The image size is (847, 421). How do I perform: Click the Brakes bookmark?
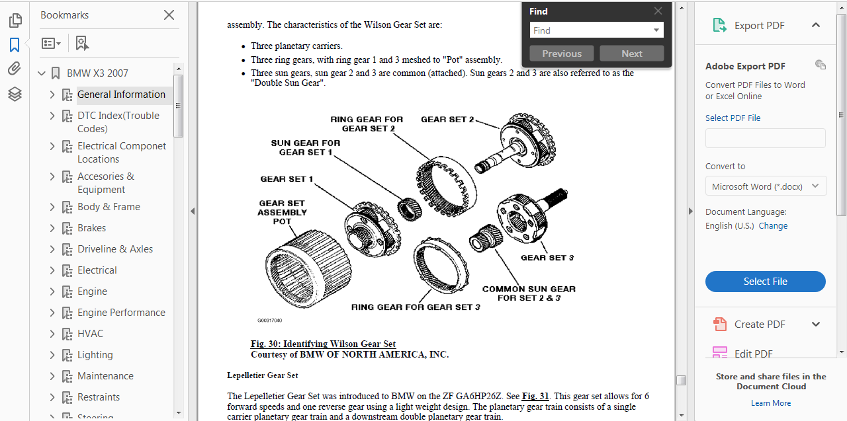pos(91,228)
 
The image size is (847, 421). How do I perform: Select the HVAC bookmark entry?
pos(90,334)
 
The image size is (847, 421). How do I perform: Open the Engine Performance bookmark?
pos(121,313)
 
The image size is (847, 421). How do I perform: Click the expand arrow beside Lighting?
pos(52,355)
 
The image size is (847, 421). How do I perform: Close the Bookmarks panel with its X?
pos(169,15)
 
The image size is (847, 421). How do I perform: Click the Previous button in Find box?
pos(562,54)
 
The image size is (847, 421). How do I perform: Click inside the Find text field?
pos(589,30)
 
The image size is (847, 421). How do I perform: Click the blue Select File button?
pos(765,282)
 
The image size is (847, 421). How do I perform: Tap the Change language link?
pos(773,226)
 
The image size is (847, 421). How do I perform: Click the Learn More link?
pos(771,403)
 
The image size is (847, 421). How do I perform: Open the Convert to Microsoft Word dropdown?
pos(766,186)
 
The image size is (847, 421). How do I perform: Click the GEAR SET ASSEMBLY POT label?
pos(282,212)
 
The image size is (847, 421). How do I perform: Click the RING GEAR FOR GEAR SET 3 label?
pos(416,307)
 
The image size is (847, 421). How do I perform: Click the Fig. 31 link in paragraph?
pos(535,397)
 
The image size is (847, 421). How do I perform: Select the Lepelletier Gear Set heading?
pos(262,375)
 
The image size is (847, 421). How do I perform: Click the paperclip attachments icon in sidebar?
pos(15,69)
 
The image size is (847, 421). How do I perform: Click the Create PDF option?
pos(759,325)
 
